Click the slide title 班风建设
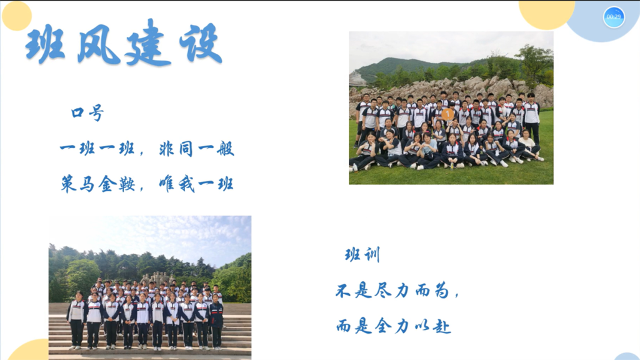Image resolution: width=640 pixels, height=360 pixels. point(124,42)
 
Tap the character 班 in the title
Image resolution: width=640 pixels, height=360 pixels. point(45,45)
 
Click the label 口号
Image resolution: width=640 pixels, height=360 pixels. point(87,112)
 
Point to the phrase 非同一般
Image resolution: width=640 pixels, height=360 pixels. point(196,149)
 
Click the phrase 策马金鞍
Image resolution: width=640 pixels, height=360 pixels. point(98,184)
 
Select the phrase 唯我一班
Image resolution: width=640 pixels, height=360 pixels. point(196,184)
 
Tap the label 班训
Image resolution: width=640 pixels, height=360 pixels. point(362,255)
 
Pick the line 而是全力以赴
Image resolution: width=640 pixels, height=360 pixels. point(394,326)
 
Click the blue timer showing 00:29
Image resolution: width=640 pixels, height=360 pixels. point(614,17)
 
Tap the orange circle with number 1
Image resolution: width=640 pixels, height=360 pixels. point(447,114)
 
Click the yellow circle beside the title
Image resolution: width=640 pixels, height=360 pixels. point(17,16)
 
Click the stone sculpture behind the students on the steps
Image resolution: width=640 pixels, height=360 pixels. point(157,278)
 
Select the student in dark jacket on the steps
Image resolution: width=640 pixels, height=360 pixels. point(216,322)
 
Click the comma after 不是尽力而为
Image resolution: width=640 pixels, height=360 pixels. point(456,296)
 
